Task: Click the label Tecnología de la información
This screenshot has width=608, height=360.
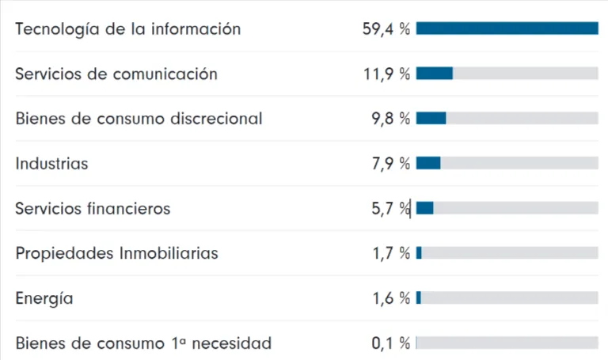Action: (127, 29)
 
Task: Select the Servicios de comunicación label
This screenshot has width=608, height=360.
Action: (116, 74)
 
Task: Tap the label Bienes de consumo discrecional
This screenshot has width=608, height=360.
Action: (139, 119)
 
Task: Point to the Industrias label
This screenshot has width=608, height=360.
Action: (51, 164)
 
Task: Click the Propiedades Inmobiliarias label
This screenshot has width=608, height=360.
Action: (116, 253)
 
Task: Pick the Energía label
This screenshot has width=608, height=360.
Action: (44, 298)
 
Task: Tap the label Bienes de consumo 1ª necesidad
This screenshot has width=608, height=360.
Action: (143, 343)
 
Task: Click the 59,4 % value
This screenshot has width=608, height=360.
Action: (386, 29)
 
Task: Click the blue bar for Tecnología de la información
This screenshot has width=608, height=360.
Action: (507, 28)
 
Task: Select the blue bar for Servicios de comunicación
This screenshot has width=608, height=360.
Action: (435, 74)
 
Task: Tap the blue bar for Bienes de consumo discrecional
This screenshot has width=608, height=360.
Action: (431, 118)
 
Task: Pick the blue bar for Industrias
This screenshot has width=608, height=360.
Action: (428, 163)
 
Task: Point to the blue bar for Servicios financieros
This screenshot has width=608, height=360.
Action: (425, 208)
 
